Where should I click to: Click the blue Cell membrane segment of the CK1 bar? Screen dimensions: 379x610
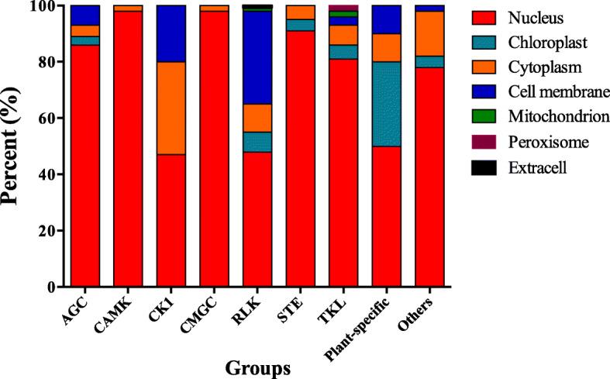(171, 33)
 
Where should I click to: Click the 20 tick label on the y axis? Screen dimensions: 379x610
(50, 231)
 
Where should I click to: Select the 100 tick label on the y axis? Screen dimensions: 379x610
(45, 6)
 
